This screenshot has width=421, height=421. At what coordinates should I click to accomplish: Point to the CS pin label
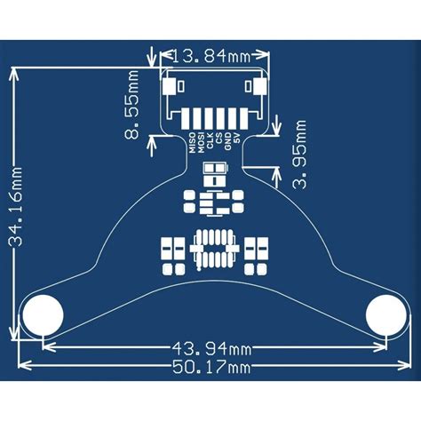tap(218, 142)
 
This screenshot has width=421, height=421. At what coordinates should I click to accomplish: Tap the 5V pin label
tap(236, 141)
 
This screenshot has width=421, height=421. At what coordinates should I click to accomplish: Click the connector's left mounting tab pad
tap(169, 87)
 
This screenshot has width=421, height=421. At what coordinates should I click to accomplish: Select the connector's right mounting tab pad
tap(258, 87)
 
